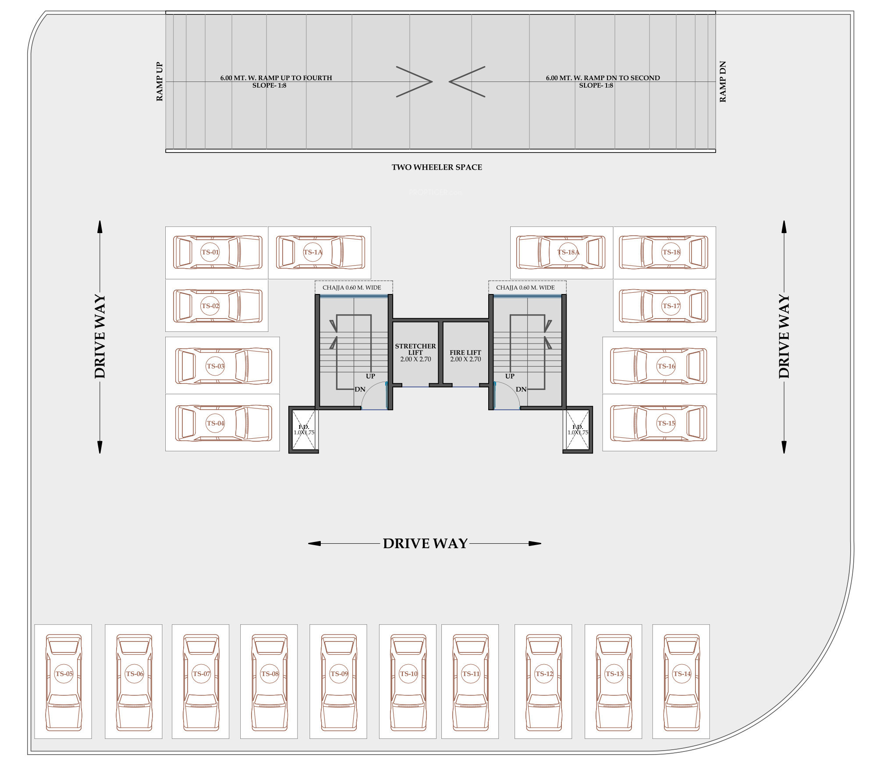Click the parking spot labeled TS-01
tap(210, 252)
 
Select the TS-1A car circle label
tap(313, 252)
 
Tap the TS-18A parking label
tap(568, 252)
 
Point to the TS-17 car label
tap(671, 306)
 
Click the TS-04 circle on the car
tap(215, 423)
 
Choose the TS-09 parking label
tap(339, 674)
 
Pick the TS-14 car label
tap(682, 674)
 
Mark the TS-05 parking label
tap(64, 674)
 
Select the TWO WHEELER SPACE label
tap(437, 167)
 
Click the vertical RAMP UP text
tap(160, 82)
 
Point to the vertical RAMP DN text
tap(723, 82)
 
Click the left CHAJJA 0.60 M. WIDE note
tap(352, 288)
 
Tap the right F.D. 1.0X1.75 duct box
tap(578, 430)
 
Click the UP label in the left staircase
tap(370, 376)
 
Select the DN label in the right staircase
tap(521, 390)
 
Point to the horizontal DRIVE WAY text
tap(425, 544)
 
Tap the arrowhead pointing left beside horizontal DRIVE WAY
tap(314, 544)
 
